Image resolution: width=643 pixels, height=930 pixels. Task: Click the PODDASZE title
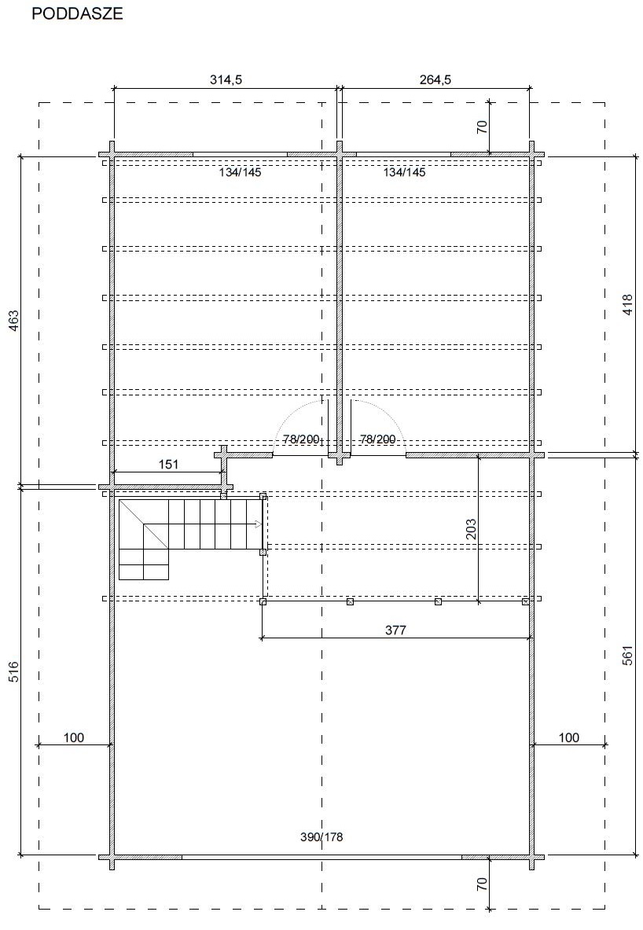[x=77, y=13]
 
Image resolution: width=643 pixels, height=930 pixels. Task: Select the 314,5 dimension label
[x=226, y=79]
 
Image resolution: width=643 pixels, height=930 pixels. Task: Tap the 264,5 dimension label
[x=435, y=79]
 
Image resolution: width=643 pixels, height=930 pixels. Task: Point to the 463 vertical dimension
[x=13, y=320]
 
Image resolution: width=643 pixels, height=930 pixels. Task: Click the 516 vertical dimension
[x=13, y=671]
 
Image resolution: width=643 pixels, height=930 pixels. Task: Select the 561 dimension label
[x=628, y=655]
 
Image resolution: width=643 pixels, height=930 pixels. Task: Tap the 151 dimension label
[x=168, y=464]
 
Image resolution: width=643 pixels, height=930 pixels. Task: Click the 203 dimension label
[x=471, y=530]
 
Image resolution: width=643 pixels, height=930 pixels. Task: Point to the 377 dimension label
[x=395, y=630]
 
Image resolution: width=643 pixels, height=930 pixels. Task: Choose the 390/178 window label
[x=321, y=837]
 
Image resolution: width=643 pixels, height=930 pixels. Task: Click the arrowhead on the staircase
[x=258, y=524]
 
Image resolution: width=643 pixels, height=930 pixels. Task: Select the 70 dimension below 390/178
[x=482, y=884]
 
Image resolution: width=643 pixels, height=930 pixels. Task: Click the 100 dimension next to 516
[x=74, y=737]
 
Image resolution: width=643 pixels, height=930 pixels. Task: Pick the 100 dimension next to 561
[x=569, y=737]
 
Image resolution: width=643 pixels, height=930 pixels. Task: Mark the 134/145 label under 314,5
[x=240, y=173]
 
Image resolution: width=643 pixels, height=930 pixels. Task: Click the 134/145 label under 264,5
[x=404, y=173]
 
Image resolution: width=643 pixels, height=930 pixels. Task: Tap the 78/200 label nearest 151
[x=301, y=439]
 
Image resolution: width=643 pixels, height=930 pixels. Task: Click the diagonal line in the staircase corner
[x=144, y=524]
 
